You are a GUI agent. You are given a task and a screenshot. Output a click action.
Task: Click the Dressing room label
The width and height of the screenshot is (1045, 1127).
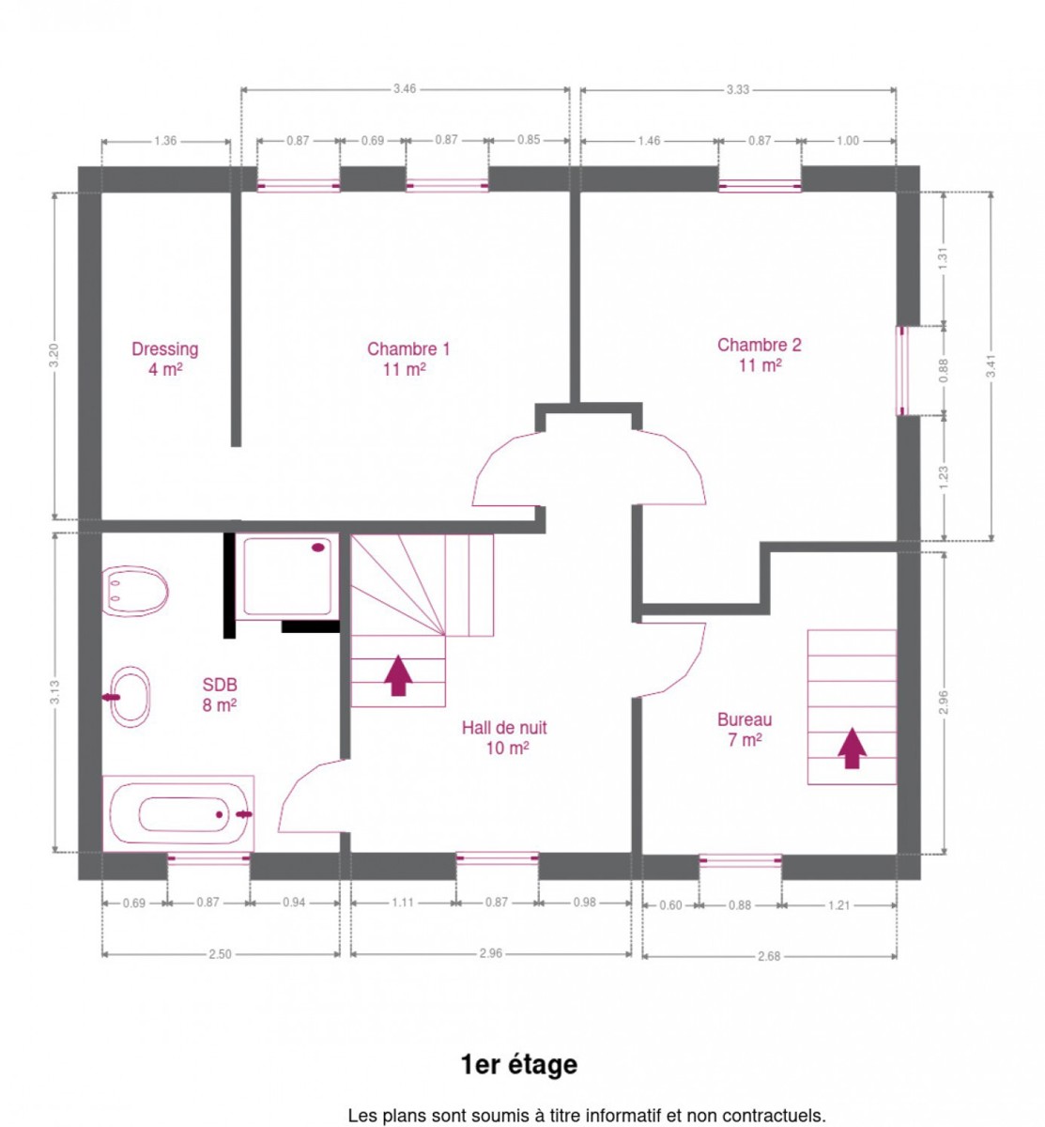point(164,359)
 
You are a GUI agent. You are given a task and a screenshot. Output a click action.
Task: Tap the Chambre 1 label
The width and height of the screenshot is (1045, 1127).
point(407,359)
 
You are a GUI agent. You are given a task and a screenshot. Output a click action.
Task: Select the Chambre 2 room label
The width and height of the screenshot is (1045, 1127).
point(759,355)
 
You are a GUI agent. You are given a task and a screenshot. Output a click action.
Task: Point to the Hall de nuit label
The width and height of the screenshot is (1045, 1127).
point(504,737)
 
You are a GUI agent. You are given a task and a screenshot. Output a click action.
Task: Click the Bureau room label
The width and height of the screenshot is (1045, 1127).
point(744,730)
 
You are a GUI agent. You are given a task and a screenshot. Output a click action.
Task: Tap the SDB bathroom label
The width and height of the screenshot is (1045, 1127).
point(219,695)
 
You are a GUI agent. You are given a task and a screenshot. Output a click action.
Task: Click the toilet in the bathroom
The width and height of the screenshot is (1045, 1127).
point(135,591)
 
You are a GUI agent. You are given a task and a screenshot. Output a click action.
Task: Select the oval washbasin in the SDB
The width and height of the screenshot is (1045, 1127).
point(129,696)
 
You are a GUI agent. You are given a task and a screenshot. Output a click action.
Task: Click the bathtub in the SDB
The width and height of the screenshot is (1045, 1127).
point(177,813)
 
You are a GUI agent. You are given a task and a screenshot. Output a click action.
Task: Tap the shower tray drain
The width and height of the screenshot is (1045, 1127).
point(317,548)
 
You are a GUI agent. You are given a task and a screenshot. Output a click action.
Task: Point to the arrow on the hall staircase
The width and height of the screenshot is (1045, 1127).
point(398,675)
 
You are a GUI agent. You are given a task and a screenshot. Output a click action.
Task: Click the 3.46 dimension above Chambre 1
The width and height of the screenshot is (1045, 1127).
point(405,89)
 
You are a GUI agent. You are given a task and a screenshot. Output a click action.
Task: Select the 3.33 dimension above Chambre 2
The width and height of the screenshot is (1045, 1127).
point(737,89)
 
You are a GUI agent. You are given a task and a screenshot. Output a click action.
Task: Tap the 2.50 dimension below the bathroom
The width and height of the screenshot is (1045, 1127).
point(220,954)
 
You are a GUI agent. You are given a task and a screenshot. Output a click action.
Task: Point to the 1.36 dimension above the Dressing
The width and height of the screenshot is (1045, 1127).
point(165,141)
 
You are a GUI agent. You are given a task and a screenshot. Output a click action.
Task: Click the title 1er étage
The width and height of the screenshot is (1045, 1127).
point(518,1065)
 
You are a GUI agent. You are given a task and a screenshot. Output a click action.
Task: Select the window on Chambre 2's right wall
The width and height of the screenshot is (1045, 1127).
point(901,371)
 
